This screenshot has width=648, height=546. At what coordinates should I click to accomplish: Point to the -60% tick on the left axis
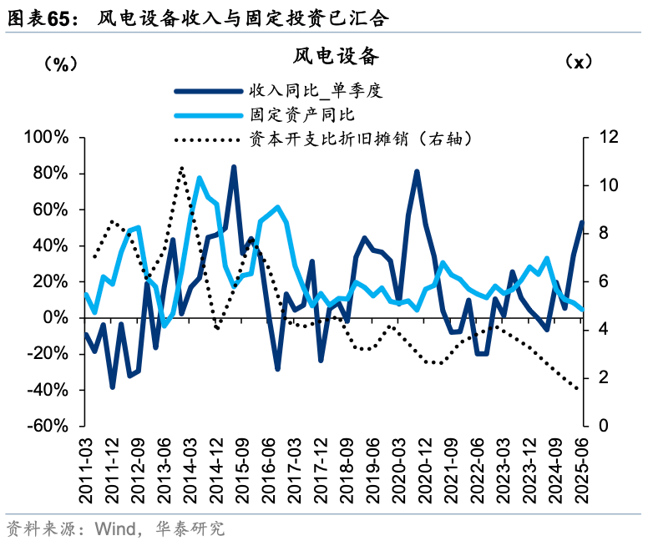52,426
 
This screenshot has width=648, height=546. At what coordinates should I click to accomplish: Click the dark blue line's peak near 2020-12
417,172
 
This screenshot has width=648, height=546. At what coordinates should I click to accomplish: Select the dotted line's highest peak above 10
182,168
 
